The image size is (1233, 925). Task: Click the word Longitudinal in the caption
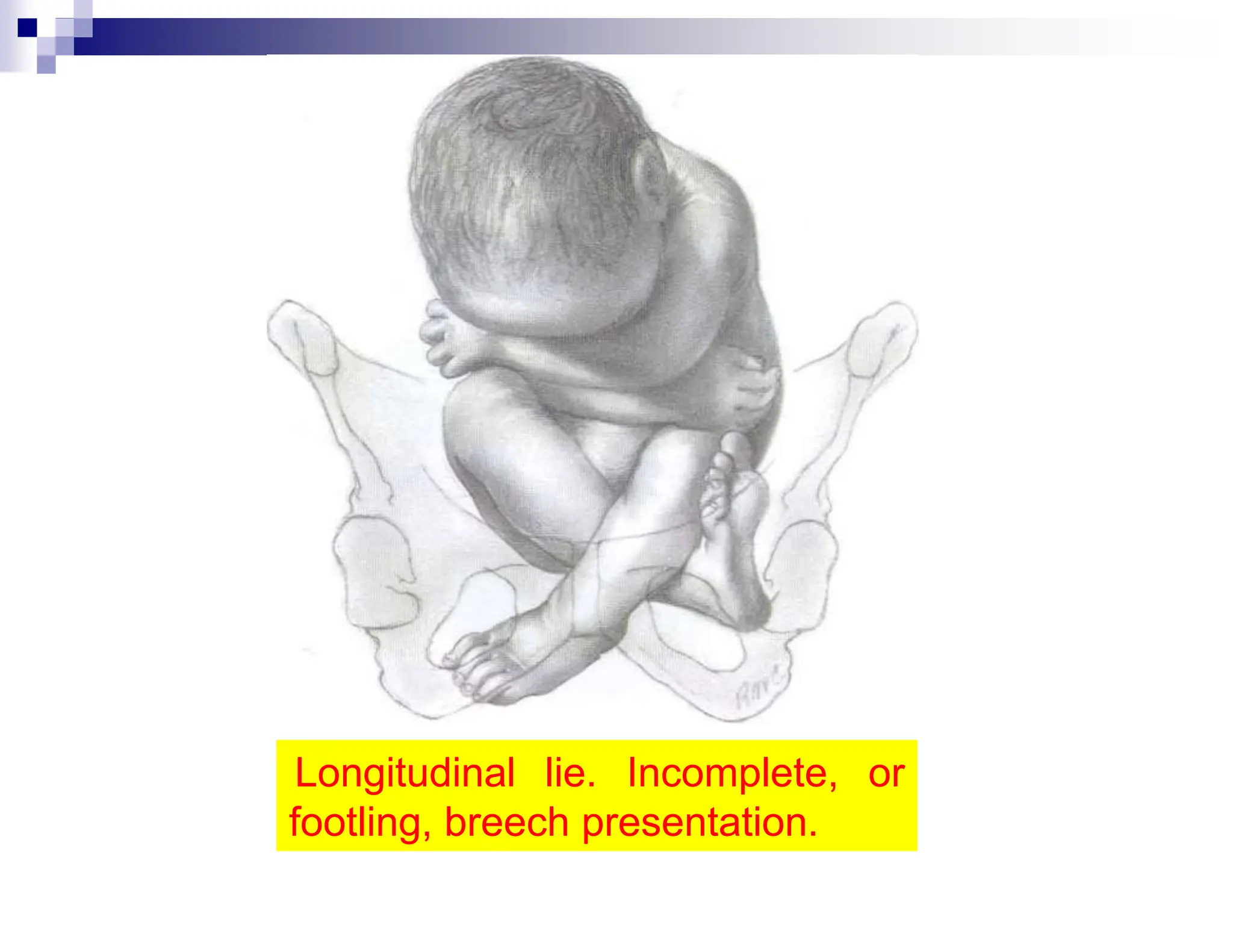[405, 773]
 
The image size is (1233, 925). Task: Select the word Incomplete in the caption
[731, 773]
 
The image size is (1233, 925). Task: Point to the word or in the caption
[886, 774]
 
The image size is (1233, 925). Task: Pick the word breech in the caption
[506, 823]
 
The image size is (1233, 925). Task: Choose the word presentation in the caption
[699, 824]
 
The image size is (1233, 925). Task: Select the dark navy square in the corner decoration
[27, 28]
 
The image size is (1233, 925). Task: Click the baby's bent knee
[476, 410]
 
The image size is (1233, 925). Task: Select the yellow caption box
[596, 795]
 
